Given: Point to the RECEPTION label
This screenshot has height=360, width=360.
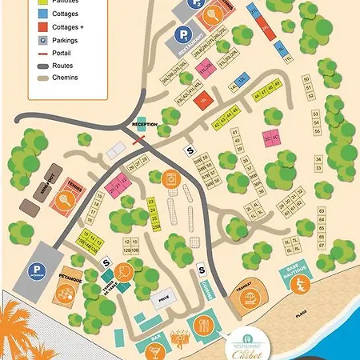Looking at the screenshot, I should tap(144, 124).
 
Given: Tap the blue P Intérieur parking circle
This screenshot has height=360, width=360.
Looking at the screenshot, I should tap(36, 270).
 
